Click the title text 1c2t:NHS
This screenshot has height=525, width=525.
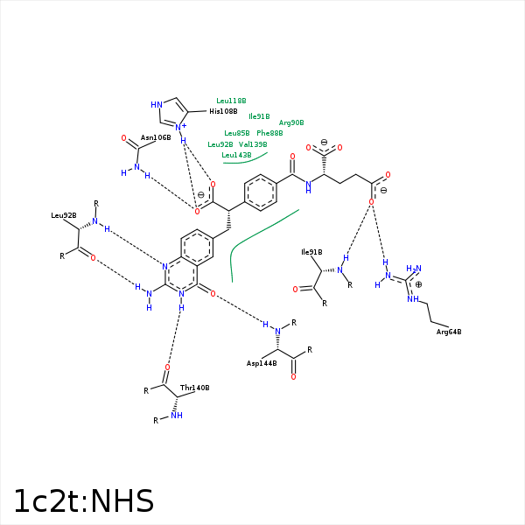pos(83,501)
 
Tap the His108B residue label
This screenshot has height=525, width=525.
pos(223,111)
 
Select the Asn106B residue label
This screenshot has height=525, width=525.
pos(156,137)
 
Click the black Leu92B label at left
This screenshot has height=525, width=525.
pos(64,215)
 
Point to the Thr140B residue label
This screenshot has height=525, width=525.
pos(194,388)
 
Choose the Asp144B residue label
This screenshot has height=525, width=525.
pos(262,362)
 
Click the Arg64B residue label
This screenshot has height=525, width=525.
pos(449,332)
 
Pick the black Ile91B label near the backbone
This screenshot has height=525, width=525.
pos(311,253)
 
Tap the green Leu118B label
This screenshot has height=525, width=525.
pos(231,101)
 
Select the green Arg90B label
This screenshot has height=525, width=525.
pos(291,122)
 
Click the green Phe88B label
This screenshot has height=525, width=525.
pos(269,133)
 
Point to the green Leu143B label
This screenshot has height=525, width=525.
pos(236,155)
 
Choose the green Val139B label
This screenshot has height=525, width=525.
pos(253,144)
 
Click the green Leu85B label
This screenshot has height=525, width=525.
pos(237,133)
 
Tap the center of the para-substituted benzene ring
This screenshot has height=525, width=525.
pos(261,192)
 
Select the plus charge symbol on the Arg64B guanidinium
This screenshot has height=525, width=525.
pos(418,284)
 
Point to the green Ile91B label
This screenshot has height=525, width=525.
pos(259,115)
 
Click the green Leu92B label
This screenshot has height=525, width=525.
pos(220,144)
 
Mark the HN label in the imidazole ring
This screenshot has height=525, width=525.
pos(157,105)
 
